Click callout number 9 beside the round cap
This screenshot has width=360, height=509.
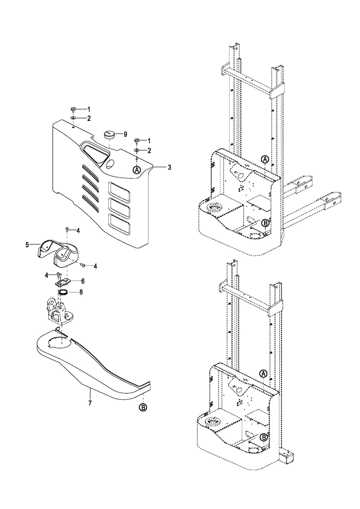tap(125, 134)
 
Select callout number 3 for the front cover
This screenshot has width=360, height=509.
tap(169, 168)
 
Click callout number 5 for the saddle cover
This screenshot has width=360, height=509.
tap(27, 245)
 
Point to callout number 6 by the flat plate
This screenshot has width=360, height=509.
tap(83, 281)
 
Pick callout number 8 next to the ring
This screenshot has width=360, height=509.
tap(81, 292)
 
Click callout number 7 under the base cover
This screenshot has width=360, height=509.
tap(90, 403)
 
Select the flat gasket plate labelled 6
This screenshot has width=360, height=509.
tap(63, 283)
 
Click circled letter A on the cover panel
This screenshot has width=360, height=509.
tap(137, 170)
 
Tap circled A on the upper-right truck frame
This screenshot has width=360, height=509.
tap(265, 159)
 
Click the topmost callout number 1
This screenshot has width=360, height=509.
tap(89, 110)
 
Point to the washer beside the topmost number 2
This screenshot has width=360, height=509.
tap(74, 118)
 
